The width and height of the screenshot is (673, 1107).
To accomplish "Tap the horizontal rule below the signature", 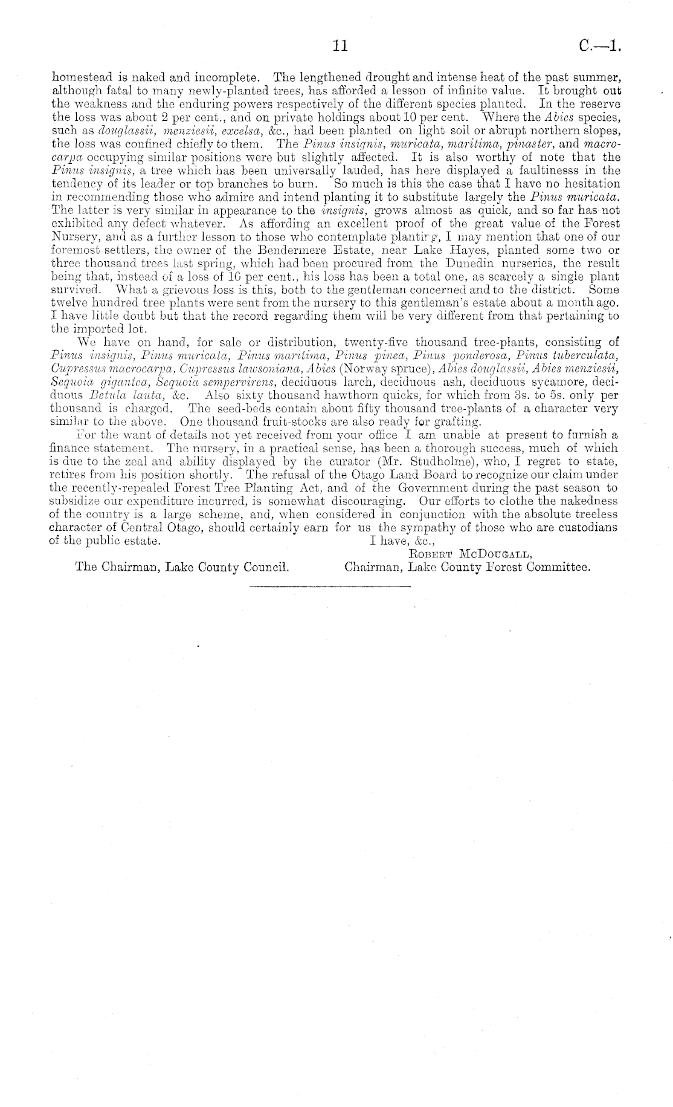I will (329, 586).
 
